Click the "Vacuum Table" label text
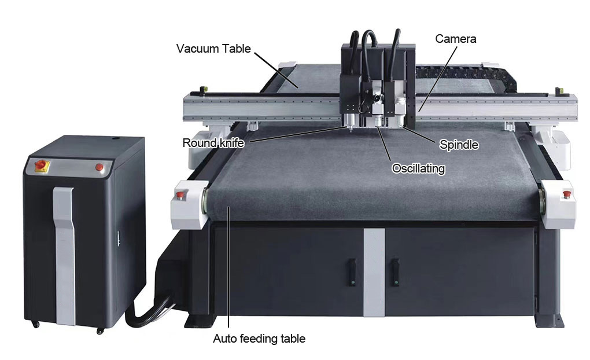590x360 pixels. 213,49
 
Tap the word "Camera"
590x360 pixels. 456,39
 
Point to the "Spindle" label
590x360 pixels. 459,145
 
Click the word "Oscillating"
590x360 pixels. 418,168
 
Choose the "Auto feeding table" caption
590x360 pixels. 259,339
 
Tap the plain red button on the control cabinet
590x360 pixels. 99,168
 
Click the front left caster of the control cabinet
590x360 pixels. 36,325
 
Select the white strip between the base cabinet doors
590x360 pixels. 374,271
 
